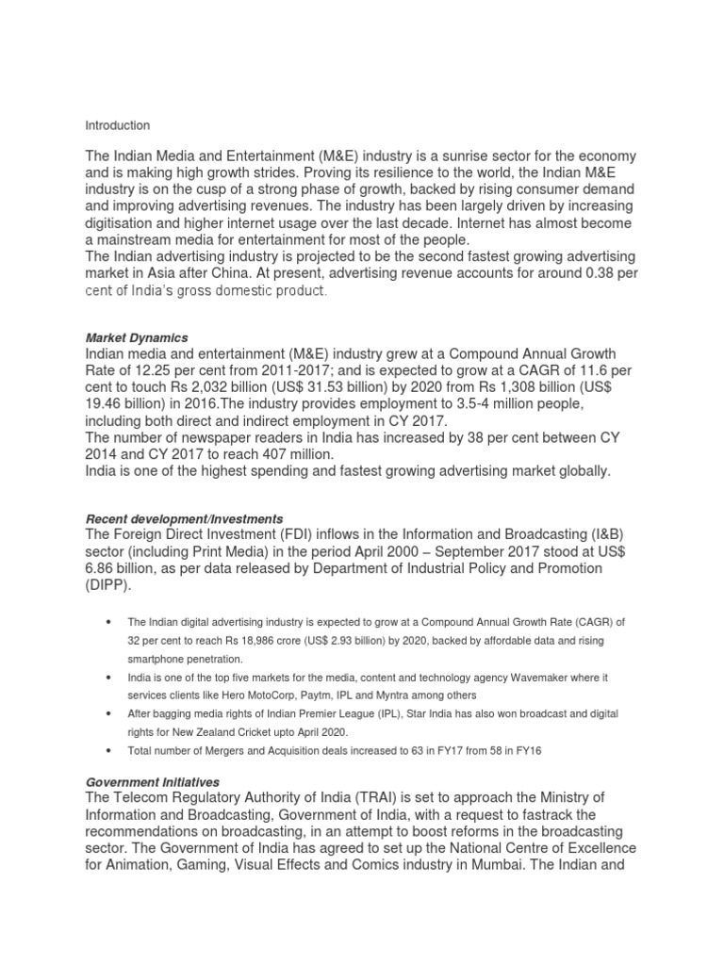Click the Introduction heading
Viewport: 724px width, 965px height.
[118, 125]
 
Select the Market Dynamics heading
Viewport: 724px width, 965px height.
[137, 337]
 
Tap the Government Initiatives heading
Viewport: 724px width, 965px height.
[153, 782]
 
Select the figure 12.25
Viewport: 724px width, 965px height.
[155, 369]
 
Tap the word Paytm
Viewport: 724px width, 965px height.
[317, 695]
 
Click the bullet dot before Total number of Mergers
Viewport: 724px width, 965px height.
[111, 750]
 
